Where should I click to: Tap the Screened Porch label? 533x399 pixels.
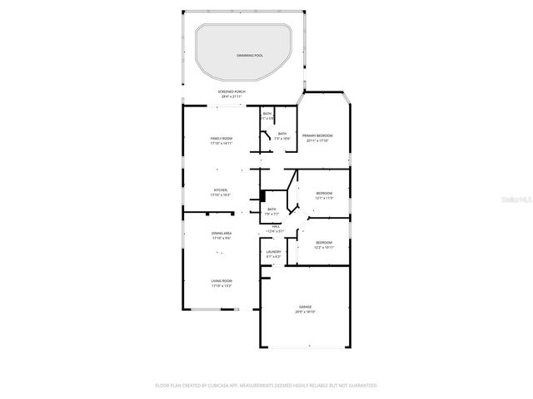231,91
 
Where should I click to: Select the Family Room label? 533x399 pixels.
221,138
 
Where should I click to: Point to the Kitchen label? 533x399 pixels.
221,190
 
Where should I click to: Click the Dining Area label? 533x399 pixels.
221,234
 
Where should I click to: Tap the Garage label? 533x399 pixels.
306,307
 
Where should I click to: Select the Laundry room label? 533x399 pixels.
273,251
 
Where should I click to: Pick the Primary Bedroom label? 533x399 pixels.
317,135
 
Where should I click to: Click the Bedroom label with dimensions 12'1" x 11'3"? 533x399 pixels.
323,194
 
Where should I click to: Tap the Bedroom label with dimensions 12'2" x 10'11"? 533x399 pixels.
323,243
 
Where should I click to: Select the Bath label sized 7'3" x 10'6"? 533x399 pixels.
282,133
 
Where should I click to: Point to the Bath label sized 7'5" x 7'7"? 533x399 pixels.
272,209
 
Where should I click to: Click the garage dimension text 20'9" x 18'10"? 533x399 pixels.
306,312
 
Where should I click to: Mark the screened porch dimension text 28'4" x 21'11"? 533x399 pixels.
231,96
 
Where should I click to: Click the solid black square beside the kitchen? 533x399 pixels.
263,195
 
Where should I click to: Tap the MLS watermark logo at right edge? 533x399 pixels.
520,199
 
